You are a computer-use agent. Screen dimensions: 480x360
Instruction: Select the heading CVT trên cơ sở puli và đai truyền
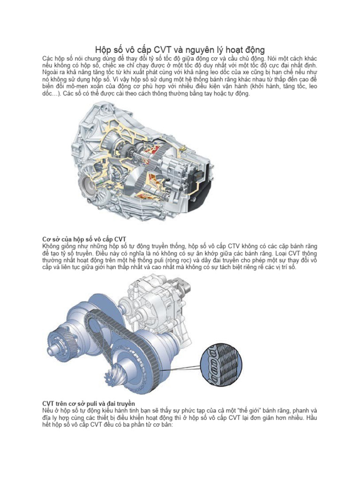[89, 404]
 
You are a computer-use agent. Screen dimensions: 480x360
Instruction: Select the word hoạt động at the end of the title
[243, 49]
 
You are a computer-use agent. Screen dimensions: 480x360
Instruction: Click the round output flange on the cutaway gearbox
[96, 185]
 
